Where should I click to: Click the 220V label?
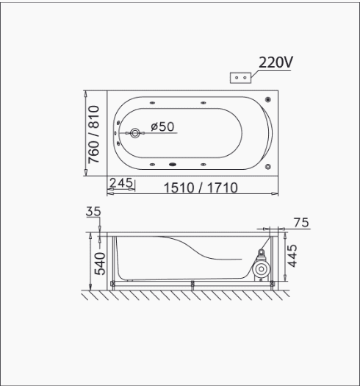point(276,62)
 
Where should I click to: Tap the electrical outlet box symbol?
point(240,77)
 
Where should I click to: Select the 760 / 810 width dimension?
point(94,135)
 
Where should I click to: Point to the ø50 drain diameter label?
point(162,126)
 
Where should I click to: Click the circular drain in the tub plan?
point(135,133)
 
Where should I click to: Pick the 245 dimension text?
point(121,182)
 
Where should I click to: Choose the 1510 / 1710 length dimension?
point(201,187)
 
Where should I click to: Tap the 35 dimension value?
point(93,211)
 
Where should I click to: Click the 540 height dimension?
point(100,264)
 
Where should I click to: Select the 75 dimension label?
point(301,223)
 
